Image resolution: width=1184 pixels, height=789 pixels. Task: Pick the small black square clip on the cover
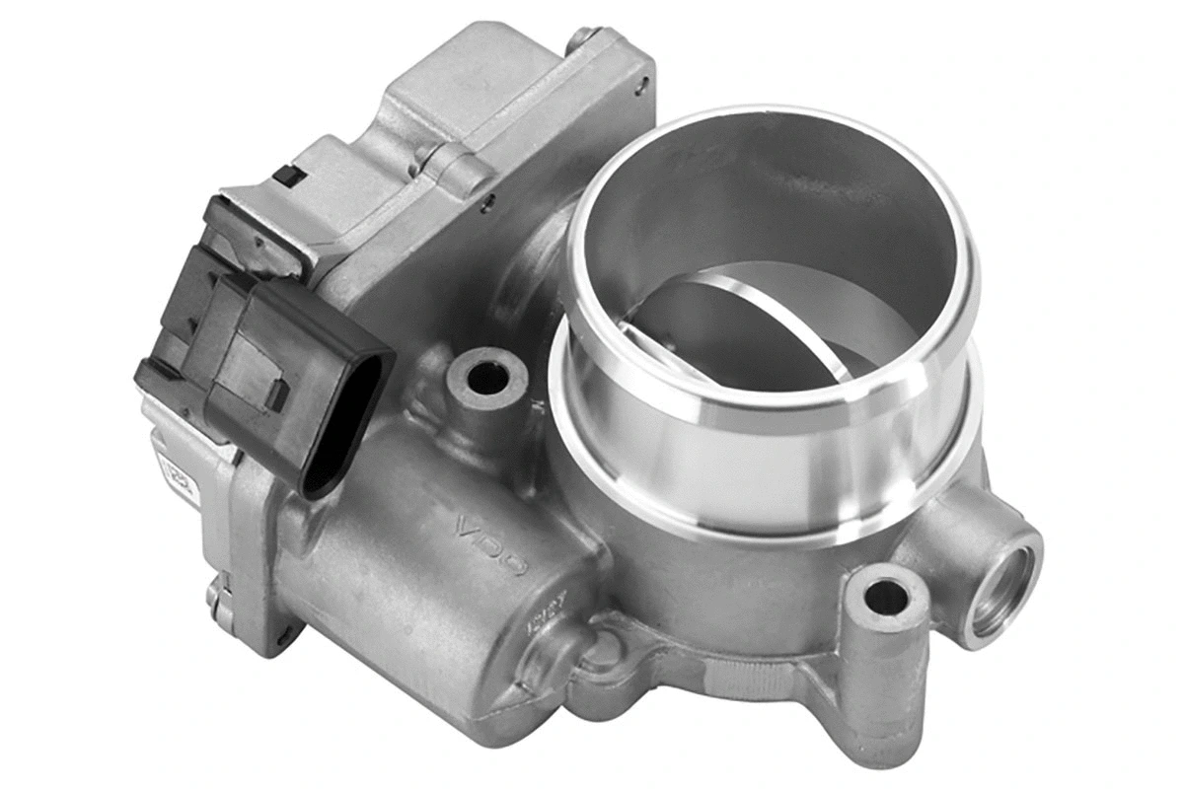tap(286, 177)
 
